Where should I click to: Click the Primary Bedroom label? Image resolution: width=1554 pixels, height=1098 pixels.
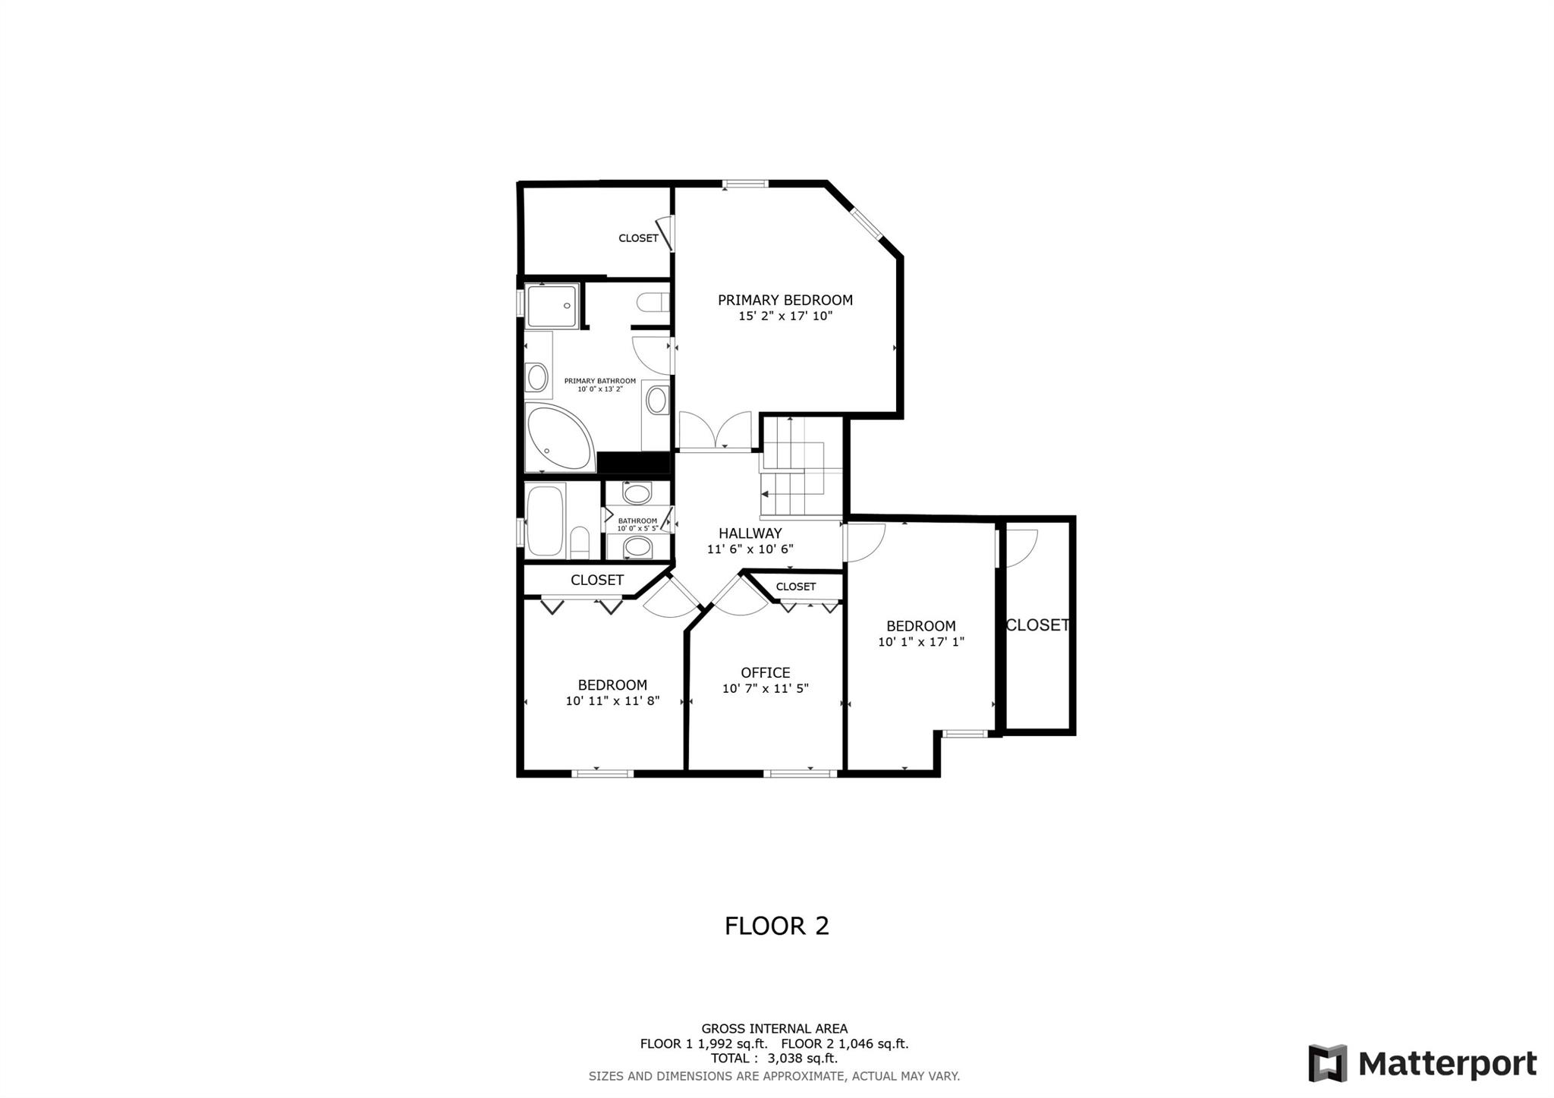tap(785, 300)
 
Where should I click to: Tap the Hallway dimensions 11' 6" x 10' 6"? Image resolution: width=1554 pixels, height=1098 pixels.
tap(750, 549)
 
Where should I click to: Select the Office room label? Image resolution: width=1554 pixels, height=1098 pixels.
tap(766, 672)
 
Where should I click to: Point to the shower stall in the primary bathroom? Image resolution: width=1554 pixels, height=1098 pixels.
tap(553, 306)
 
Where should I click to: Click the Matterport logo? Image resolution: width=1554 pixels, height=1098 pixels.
tap(1423, 1063)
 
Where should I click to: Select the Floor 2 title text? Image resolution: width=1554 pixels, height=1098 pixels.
tap(777, 926)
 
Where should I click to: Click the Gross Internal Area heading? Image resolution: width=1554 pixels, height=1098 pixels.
tap(775, 1029)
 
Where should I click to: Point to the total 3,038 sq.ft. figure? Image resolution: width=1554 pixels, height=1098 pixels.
tap(775, 1059)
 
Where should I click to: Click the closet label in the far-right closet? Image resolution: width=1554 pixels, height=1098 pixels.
tap(1037, 625)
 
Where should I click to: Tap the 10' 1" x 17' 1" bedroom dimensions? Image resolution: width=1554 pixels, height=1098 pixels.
tap(921, 642)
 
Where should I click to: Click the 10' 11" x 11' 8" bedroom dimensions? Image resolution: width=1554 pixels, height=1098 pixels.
tap(612, 701)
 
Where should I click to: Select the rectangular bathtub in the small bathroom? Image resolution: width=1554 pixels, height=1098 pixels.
tap(546, 521)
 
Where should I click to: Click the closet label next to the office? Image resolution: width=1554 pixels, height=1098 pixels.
tap(796, 587)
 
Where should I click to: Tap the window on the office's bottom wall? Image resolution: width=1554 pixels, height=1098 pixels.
tap(801, 773)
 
